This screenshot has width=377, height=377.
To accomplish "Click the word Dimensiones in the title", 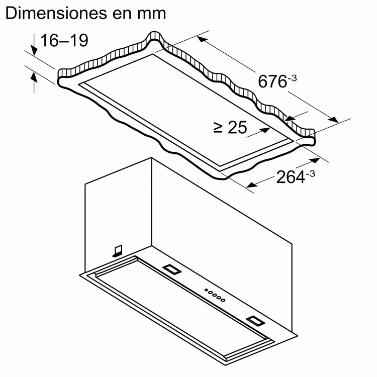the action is pos(56,13).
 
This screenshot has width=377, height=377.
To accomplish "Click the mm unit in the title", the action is pos(151,15).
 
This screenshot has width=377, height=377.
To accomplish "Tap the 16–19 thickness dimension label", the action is pos(64,40).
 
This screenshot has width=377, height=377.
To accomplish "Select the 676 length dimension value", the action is pos(272,81).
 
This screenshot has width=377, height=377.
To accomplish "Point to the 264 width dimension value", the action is pos(291,177).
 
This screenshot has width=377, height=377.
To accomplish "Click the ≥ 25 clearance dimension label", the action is pos(230,127).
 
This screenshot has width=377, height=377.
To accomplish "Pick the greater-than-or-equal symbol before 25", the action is pos(218,128).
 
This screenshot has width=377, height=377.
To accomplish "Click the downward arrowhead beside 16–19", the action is pos(34,51).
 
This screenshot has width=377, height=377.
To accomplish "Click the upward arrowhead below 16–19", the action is pos(34,77).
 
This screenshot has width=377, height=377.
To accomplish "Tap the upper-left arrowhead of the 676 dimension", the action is pos(202,39).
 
